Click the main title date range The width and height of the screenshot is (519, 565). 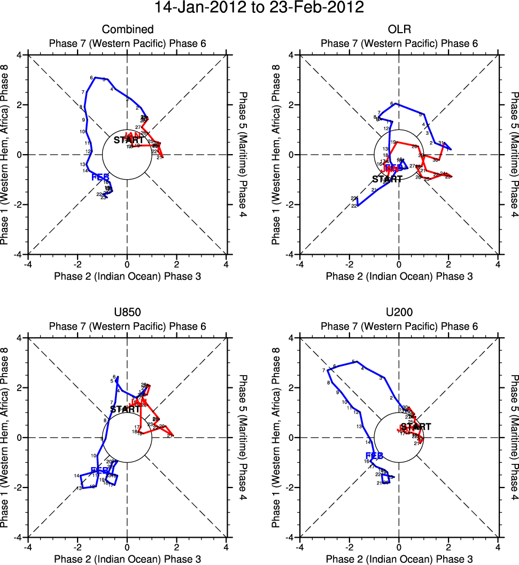[259, 8]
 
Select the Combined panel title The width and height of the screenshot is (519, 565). [128, 29]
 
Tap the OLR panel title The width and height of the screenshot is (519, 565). [399, 29]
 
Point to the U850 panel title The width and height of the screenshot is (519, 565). [128, 312]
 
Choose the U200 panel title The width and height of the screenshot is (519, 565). [399, 312]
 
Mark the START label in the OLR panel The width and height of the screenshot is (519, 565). [387, 179]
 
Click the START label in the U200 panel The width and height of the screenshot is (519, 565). [416, 427]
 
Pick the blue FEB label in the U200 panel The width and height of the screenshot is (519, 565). [374, 456]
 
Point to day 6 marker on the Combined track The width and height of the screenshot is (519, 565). [92, 78]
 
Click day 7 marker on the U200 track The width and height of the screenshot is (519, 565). [324, 370]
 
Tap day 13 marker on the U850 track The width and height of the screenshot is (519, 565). [79, 488]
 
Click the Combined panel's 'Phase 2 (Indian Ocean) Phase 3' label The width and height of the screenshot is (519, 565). [128, 276]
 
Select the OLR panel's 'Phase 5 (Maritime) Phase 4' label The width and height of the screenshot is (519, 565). [514, 155]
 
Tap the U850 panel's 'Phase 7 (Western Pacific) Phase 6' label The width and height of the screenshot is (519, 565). [128, 326]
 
